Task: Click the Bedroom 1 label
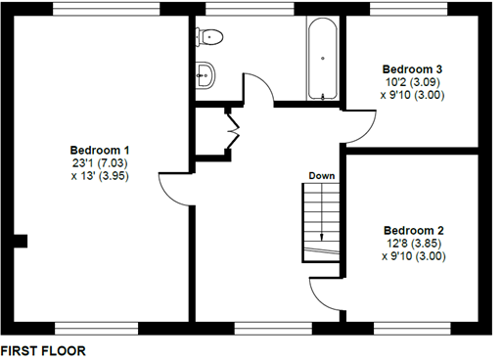[100, 150]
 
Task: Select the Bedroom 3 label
[412, 69]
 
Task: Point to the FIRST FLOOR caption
[43, 349]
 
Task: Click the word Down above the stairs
[322, 176]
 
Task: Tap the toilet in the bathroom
[209, 37]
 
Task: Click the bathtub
[323, 58]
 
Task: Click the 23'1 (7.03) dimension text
[101, 163]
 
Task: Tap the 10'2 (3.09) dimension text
[412, 83]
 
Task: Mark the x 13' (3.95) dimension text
[101, 177]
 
